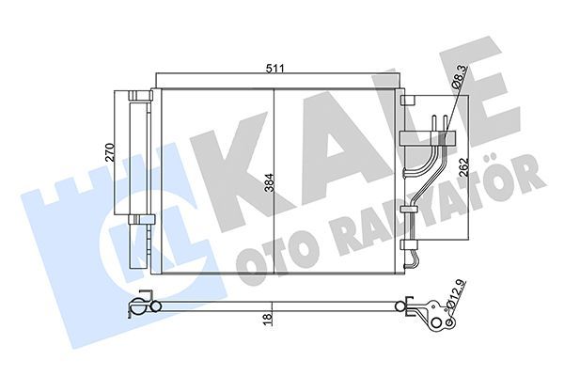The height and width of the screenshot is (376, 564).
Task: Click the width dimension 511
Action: click(x=274, y=69)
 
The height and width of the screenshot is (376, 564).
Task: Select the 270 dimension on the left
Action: click(x=108, y=153)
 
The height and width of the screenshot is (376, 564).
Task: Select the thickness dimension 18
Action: click(x=269, y=320)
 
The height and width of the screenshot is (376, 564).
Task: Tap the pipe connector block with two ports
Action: click(x=419, y=138)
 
